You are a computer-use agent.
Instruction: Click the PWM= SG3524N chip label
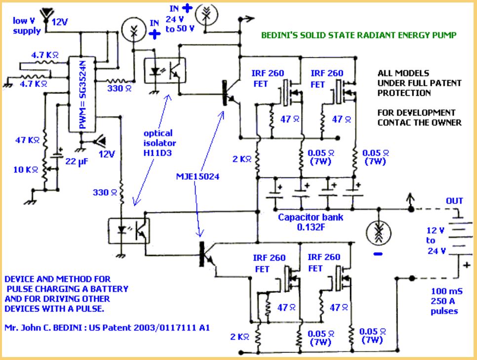83,95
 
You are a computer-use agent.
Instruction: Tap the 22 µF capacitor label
77,161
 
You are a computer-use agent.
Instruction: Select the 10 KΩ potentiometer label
26,169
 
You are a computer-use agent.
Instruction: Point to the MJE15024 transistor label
198,176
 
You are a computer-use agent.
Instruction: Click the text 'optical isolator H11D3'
159,143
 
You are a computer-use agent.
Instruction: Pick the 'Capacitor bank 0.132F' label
311,222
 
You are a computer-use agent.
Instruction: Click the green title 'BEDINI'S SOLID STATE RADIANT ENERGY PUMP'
359,35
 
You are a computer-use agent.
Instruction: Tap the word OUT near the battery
454,201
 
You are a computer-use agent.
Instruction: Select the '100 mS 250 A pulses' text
446,301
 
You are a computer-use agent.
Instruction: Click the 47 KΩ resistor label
27,140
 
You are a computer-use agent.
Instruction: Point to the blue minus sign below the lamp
378,254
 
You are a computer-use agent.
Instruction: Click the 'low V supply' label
27,26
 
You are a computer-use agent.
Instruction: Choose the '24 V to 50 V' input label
180,24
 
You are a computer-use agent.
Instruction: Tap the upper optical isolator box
165,71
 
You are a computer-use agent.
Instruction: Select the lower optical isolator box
129,231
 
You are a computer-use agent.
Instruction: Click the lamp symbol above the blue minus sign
378,233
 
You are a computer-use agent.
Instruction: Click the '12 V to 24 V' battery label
436,240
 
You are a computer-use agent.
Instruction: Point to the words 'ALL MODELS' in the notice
403,73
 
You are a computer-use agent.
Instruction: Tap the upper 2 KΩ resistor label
242,159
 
